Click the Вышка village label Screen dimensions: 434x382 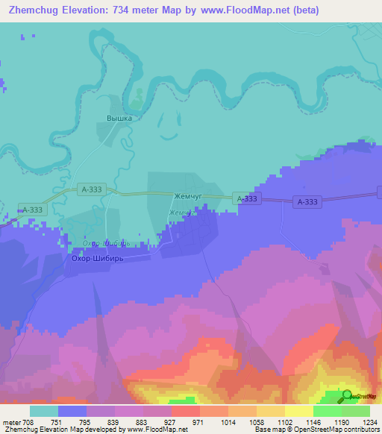(x=119, y=118)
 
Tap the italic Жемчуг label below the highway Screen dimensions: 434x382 (x=183, y=213)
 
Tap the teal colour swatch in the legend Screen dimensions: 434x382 (x=44, y=411)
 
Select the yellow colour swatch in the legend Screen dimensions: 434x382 (x=299, y=411)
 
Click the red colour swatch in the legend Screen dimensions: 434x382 (x=186, y=411)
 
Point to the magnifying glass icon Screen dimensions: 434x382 (x=346, y=396)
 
